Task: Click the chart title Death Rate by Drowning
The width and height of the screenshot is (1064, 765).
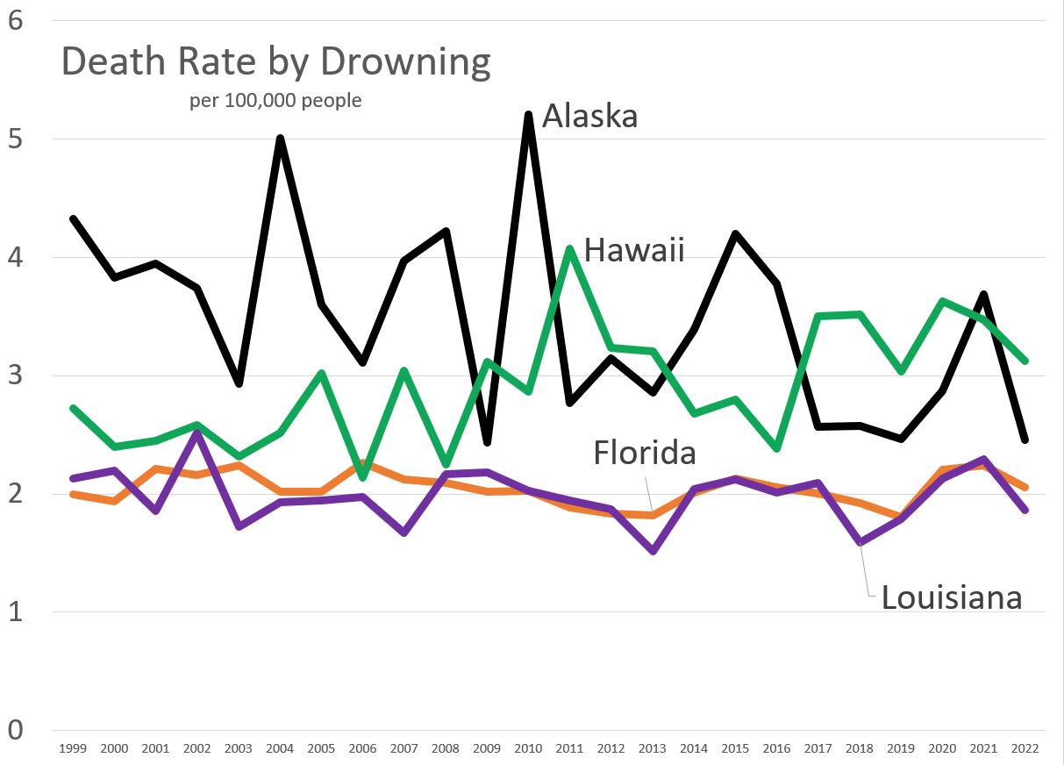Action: tap(275, 63)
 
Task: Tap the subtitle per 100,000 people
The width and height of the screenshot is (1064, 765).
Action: tap(275, 101)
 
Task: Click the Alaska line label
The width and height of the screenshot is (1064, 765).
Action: tap(589, 116)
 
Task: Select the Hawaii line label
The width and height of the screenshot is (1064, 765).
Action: tap(633, 251)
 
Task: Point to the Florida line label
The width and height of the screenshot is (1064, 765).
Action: tap(644, 453)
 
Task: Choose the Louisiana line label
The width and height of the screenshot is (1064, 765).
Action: tap(952, 597)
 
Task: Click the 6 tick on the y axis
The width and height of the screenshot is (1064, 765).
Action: tap(15, 20)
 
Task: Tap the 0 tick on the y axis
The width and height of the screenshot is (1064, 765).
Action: tap(15, 730)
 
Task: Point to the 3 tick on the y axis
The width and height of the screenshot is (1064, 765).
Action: tap(15, 375)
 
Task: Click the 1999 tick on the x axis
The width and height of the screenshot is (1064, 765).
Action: tap(73, 748)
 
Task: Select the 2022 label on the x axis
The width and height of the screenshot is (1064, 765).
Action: tap(1024, 748)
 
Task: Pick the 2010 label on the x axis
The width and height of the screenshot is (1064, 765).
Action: tap(528, 748)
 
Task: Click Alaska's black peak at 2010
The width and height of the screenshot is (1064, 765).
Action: tap(528, 115)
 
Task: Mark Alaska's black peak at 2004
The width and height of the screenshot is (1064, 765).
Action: tap(280, 139)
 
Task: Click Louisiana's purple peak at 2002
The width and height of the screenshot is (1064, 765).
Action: tap(197, 433)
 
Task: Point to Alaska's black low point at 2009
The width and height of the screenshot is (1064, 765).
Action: tap(487, 442)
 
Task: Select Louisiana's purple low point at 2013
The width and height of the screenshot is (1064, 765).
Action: tap(653, 551)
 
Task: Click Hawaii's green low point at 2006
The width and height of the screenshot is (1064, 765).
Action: tap(362, 477)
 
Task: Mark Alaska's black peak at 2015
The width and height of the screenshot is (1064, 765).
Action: tap(735, 233)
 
